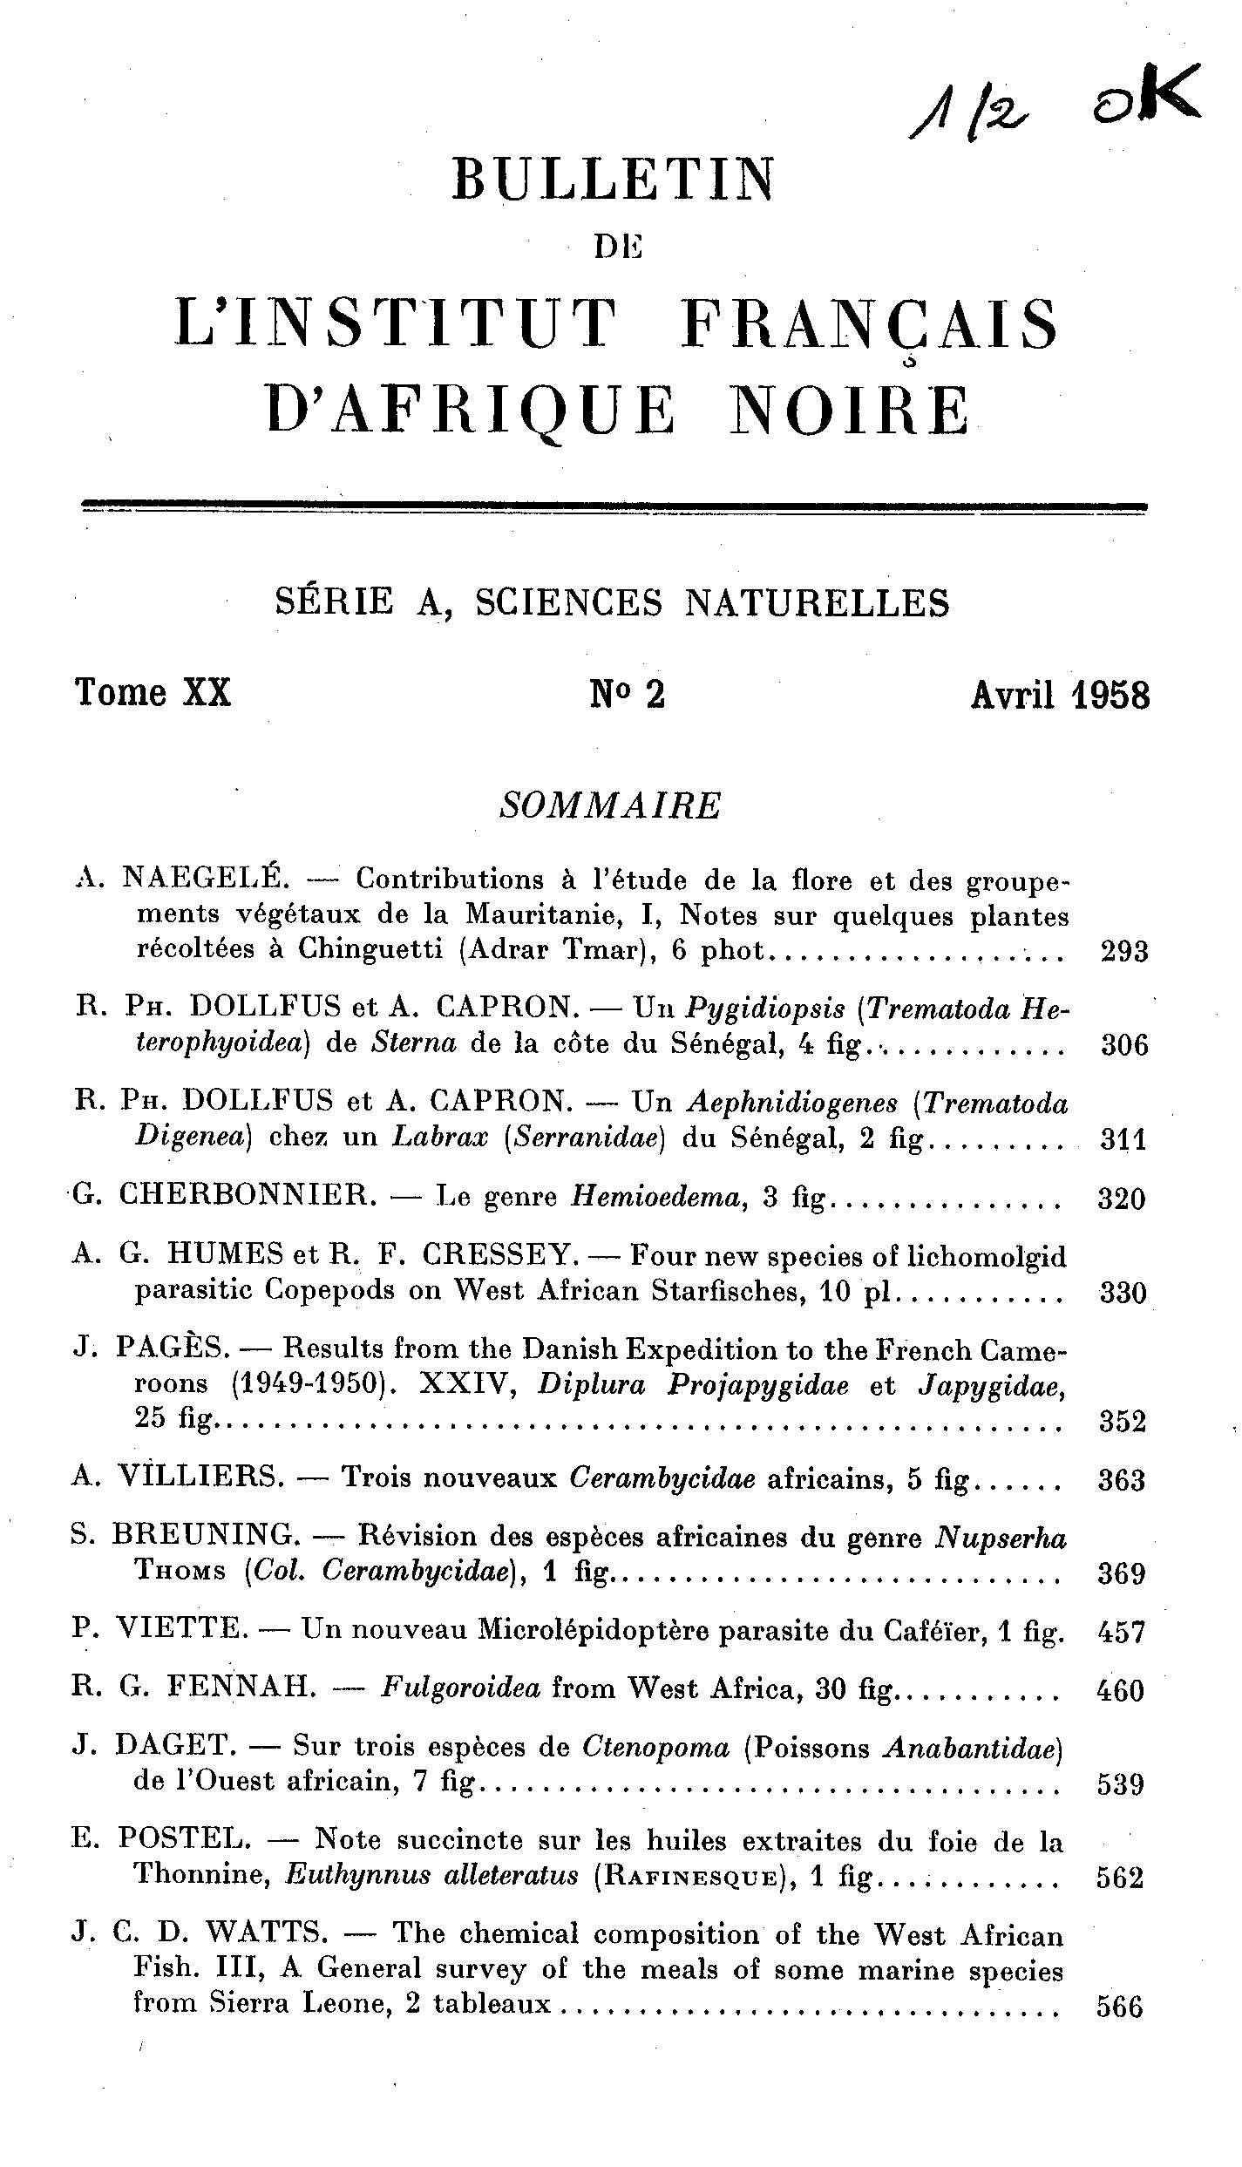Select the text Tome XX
pyautogui.click(x=153, y=694)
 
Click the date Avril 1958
pyautogui.click(x=1060, y=696)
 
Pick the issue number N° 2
pyautogui.click(x=628, y=695)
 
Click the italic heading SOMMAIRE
pyautogui.click(x=611, y=806)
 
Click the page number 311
pyautogui.click(x=1123, y=1140)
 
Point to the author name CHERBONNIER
pyautogui.click(x=243, y=1195)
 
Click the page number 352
pyautogui.click(x=1122, y=1422)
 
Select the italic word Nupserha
pyautogui.click(x=1001, y=1539)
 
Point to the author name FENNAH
pyautogui.click(x=240, y=1689)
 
